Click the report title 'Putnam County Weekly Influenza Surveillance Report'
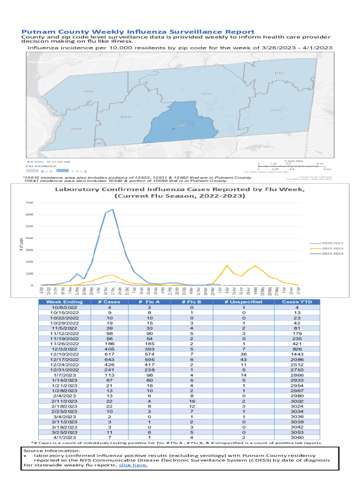click(135, 31)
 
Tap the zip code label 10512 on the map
click(206, 94)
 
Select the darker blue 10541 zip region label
click(182, 125)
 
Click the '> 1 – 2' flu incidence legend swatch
click(63, 171)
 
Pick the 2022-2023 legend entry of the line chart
click(333, 254)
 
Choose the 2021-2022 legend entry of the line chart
click(333, 249)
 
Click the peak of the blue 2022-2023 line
click(113, 210)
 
